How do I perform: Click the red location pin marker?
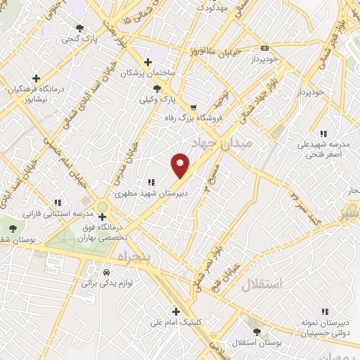(181, 165)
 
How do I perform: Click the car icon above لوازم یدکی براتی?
(106, 271)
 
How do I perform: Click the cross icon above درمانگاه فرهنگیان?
(36, 78)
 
